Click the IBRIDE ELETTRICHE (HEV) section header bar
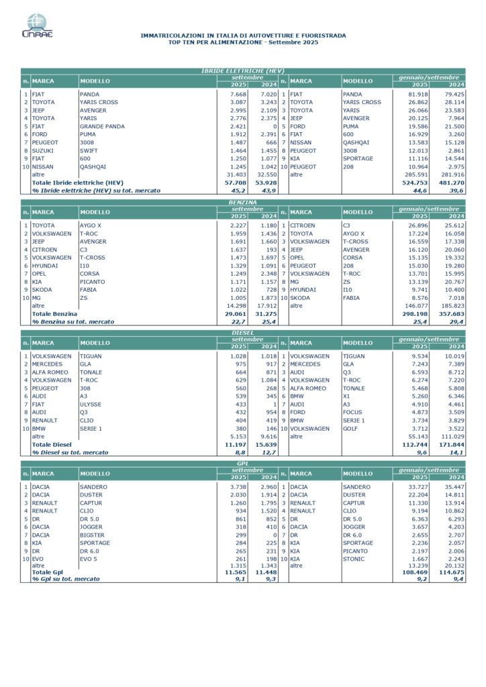pyautogui.click(x=242, y=70)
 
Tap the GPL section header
pyautogui.click(x=242, y=463)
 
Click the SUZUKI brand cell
pyautogui.click(x=44, y=150)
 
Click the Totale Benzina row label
pyautogui.click(x=54, y=313)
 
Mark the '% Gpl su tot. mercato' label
pyautogui.click(x=66, y=578)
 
